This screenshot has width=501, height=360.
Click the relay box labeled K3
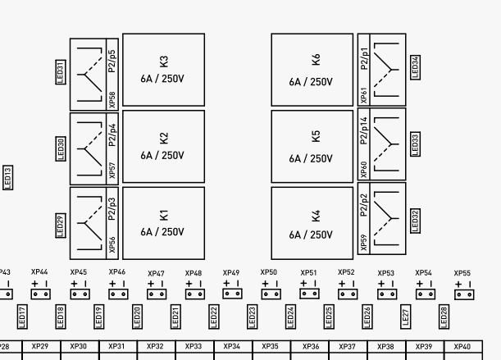tap(163, 70)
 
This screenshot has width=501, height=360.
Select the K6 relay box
tap(312, 70)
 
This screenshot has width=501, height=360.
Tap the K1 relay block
tap(163, 223)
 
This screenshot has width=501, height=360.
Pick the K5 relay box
tap(312, 146)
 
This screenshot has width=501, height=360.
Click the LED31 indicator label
tap(60, 71)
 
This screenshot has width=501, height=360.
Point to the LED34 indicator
tap(415, 66)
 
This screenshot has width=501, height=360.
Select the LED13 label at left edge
tap(7, 177)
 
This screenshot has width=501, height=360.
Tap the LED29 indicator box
tap(60, 225)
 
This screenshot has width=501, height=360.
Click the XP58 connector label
tap(112, 99)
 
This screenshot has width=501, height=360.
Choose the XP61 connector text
tap(364, 95)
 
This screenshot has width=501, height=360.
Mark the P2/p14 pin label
tap(364, 130)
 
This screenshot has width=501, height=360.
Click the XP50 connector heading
tap(269, 272)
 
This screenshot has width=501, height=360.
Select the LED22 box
tap(214, 315)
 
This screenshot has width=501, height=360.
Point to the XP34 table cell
tap(232, 347)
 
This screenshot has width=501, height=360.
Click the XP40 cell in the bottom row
tap(462, 347)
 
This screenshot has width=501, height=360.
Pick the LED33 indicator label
tap(415, 144)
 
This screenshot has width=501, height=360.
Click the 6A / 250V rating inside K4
tap(311, 235)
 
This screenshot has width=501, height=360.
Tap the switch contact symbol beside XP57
tap(89, 148)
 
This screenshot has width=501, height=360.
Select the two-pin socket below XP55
tap(463, 294)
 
